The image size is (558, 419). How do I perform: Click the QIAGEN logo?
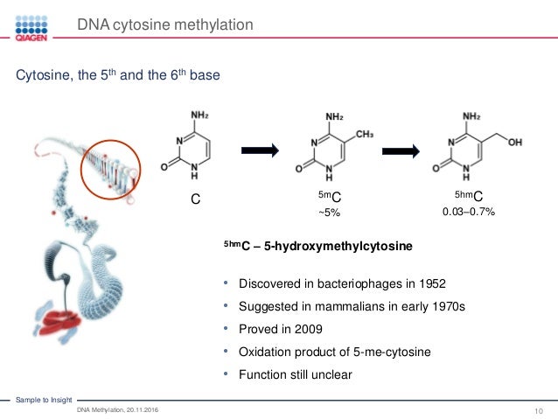pyautogui.click(x=31, y=28)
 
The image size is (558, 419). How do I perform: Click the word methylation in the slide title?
pyautogui.click(x=213, y=24)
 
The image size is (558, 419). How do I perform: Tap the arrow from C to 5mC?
pyautogui.click(x=260, y=150)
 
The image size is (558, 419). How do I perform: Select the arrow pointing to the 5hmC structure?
pyautogui.click(x=401, y=151)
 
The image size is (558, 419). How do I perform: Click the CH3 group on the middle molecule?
pyautogui.click(x=365, y=134)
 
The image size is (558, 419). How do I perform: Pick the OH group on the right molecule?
pyautogui.click(x=514, y=143)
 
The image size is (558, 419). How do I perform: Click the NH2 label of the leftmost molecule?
pyautogui.click(x=199, y=115)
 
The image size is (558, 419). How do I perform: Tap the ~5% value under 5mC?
pyautogui.click(x=329, y=213)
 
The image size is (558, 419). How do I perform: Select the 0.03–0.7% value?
pyautogui.click(x=468, y=212)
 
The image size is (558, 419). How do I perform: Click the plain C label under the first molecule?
pyautogui.click(x=195, y=199)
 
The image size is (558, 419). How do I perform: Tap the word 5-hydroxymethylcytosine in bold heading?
pyautogui.click(x=338, y=246)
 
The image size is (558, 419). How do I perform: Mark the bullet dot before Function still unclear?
pyautogui.click(x=226, y=374)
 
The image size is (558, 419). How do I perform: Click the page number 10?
pyautogui.click(x=539, y=411)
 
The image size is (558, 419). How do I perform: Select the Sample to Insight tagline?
pyautogui.click(x=44, y=400)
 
